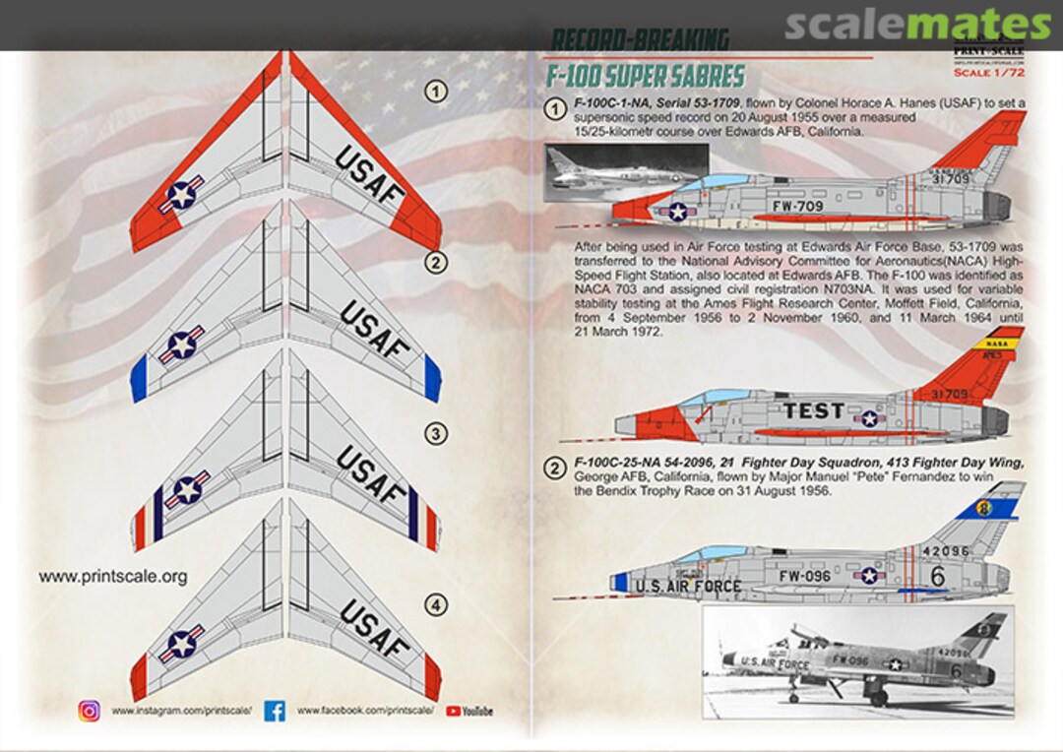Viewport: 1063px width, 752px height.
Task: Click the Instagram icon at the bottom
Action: [x=90, y=710]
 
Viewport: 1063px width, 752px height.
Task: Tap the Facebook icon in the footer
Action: [x=275, y=710]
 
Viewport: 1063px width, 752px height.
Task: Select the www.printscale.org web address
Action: [x=113, y=577]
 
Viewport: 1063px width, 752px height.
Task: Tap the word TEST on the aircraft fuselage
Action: [x=813, y=411]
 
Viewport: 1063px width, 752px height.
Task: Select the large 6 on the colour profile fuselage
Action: [x=937, y=576]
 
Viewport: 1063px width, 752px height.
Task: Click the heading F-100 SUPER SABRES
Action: [x=646, y=78]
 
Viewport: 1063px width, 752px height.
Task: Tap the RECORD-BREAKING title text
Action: [x=640, y=40]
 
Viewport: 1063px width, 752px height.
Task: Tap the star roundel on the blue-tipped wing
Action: [x=182, y=345]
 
